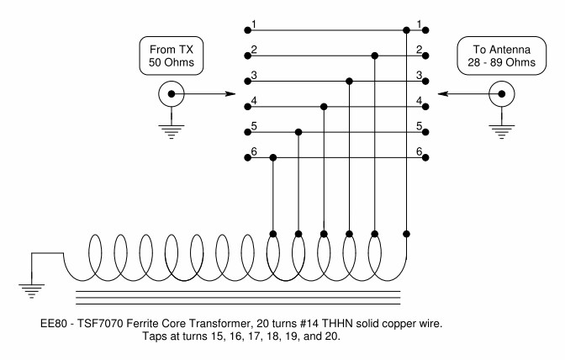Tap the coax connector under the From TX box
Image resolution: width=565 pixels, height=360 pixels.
(x=172, y=95)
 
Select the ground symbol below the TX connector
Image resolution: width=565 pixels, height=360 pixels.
(x=172, y=131)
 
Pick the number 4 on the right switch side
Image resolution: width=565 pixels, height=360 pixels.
(x=418, y=100)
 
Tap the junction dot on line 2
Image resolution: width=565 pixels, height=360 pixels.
(x=375, y=56)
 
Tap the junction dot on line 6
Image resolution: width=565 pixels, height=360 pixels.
(x=273, y=157)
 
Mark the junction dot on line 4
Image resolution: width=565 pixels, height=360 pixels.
(x=325, y=107)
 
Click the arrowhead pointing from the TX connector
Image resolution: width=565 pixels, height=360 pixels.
(x=230, y=94)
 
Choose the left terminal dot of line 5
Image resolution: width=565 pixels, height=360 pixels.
(x=248, y=132)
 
